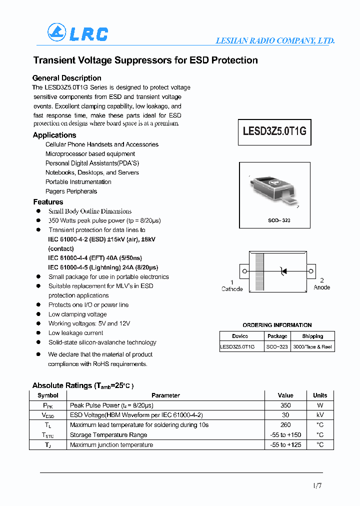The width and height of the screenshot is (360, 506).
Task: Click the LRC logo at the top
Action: tap(77, 33)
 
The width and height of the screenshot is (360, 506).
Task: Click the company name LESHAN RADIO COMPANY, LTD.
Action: tap(274, 41)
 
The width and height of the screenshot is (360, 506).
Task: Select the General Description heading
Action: tap(66, 78)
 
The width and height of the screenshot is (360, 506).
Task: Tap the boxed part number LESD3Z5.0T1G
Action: tap(274, 131)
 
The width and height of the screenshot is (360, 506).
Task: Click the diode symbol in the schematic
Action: tap(283, 271)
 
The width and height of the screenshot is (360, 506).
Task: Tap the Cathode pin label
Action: tap(232, 289)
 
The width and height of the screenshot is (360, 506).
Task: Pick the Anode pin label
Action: tap(321, 287)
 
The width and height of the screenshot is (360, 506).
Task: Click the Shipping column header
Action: tap(312, 336)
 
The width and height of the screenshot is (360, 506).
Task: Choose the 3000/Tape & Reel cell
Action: tap(312, 346)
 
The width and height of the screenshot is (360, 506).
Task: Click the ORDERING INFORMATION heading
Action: tap(277, 325)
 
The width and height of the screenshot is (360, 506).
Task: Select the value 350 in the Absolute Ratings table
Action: tap(285, 405)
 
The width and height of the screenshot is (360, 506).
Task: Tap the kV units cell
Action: tap(320, 415)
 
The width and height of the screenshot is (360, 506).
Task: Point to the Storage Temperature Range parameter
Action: tap(108, 435)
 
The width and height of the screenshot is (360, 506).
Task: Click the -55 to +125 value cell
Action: tap(285, 444)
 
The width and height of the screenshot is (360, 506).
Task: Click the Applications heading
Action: tap(54, 135)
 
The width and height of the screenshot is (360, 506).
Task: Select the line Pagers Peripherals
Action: tap(71, 191)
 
